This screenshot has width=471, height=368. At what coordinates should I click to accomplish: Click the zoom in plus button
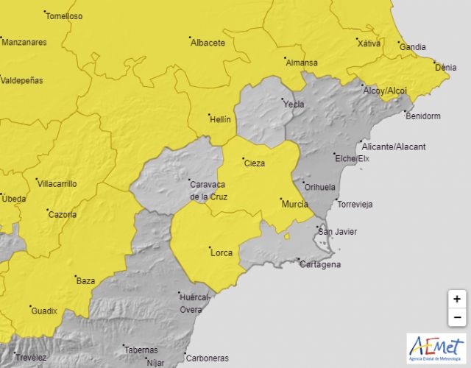(x=457, y=300)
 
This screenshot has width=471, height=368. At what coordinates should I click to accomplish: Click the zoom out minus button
(x=457, y=317)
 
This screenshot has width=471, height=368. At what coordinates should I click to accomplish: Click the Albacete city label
(x=208, y=43)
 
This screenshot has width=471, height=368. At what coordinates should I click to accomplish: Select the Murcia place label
(x=294, y=204)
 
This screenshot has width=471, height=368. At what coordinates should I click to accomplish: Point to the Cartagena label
(x=321, y=264)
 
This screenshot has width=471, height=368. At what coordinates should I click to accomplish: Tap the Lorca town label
(x=222, y=253)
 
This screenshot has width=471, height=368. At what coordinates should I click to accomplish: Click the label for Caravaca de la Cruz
(x=209, y=191)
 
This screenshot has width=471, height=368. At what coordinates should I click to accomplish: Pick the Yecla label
(x=294, y=104)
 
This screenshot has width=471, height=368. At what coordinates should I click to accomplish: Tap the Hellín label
(x=220, y=119)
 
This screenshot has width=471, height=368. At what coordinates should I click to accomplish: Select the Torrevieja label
(x=355, y=204)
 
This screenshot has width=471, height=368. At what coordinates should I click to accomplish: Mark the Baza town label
(x=86, y=280)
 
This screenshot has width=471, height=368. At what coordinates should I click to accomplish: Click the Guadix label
(x=44, y=311)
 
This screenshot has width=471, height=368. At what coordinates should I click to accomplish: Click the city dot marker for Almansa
(x=285, y=57)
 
